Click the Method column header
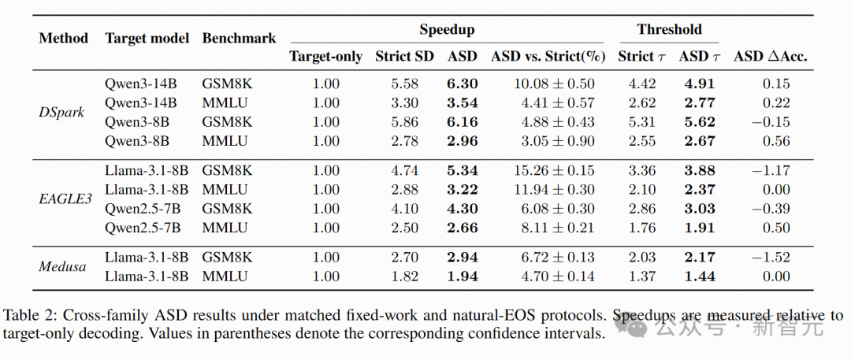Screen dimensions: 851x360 (x=64, y=39)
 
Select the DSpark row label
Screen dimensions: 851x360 (x=61, y=113)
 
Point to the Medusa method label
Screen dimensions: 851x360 (x=63, y=266)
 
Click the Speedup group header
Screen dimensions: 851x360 (x=447, y=29)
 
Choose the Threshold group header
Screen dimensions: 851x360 (x=669, y=29)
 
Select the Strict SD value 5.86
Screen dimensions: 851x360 (x=404, y=121)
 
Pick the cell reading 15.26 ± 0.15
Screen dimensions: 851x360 (x=554, y=170)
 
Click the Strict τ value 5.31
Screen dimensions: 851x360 (x=643, y=121)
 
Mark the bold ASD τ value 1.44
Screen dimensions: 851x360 (x=700, y=276)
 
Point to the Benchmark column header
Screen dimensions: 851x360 (x=239, y=39)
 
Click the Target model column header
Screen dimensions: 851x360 (x=147, y=39)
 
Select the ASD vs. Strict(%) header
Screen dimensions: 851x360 (x=548, y=56)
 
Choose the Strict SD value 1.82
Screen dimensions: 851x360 (x=404, y=276)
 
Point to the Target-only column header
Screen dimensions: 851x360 (x=325, y=57)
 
